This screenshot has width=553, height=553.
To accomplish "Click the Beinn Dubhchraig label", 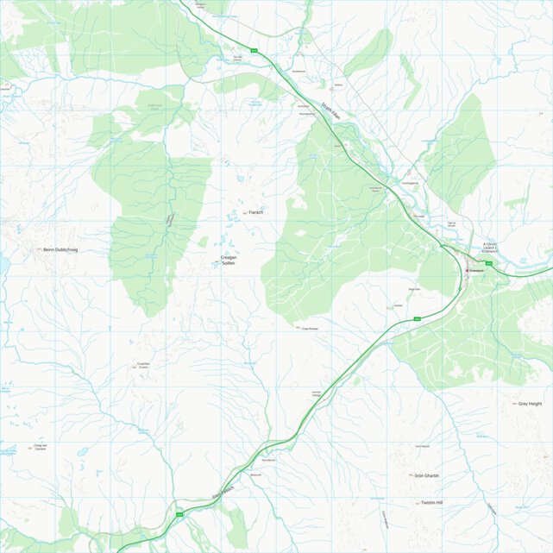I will point(60,249).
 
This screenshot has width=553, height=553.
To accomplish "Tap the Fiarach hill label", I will point(255,211).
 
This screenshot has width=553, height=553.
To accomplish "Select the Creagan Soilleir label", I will point(228,260).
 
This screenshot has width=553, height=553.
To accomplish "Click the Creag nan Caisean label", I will point(40,447).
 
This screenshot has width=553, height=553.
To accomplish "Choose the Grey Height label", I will point(530,403).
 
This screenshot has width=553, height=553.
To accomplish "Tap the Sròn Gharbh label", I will point(426,475).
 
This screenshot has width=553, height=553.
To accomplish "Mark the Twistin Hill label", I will point(431,502).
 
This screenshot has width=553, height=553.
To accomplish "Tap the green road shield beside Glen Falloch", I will point(180,513).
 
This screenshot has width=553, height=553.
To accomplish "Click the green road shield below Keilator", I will point(418,318).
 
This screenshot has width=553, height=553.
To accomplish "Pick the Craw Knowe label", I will point(310,328).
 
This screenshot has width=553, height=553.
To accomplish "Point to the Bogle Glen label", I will point(413,289).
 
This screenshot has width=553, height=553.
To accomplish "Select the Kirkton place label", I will point(339,86).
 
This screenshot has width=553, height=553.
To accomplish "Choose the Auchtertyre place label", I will point(299,71).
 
